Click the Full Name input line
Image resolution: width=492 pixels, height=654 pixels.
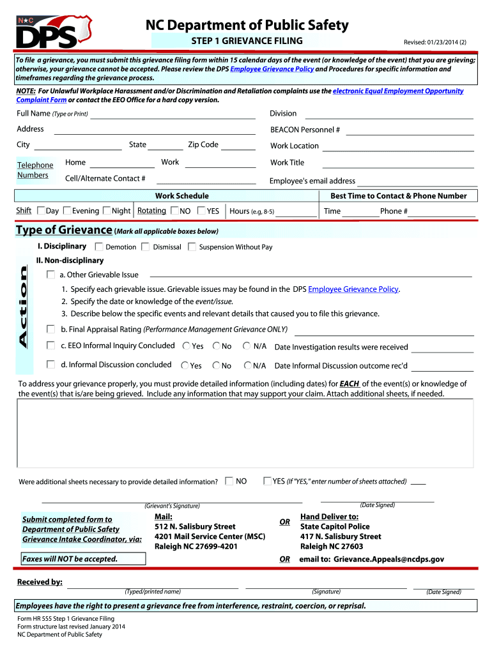click(x=175, y=116)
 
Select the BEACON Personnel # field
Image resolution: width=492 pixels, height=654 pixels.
click(x=410, y=132)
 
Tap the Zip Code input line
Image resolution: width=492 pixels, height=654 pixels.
click(x=238, y=147)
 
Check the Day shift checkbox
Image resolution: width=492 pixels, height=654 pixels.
click(x=41, y=211)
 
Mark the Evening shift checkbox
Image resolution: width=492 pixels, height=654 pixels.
click(x=68, y=211)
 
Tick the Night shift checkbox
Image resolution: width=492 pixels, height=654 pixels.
click(x=107, y=211)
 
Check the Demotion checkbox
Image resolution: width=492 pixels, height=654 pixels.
click(x=100, y=247)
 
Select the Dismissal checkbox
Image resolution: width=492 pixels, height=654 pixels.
click(x=146, y=247)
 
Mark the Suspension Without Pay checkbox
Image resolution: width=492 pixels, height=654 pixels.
click(x=192, y=247)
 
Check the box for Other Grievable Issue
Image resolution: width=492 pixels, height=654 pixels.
click(x=50, y=275)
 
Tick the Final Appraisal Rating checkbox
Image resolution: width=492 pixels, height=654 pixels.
click(x=50, y=329)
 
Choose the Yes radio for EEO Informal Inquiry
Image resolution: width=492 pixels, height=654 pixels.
click(x=186, y=346)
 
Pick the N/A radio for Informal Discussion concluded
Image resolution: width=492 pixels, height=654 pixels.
click(x=247, y=365)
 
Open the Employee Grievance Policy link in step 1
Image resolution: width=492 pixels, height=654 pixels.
click(x=353, y=289)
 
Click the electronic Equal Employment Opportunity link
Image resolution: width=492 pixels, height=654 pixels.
click(x=397, y=91)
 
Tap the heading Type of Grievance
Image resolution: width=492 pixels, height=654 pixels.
click(x=64, y=230)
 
